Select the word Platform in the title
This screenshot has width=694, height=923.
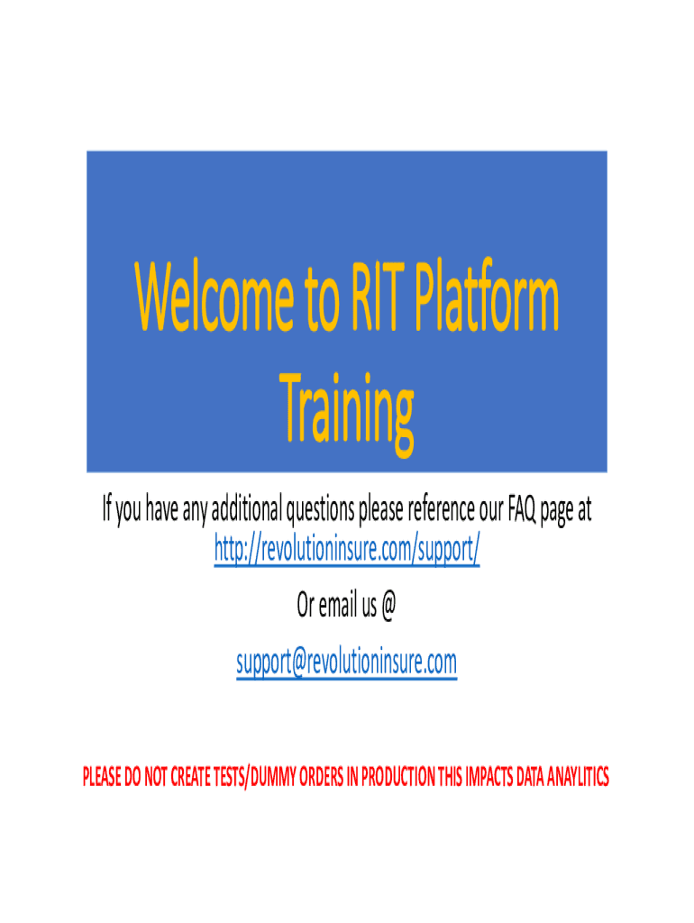(x=489, y=301)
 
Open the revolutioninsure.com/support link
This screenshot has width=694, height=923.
(x=347, y=546)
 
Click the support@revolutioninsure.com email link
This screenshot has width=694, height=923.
(x=347, y=663)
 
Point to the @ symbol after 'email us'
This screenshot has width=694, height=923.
(x=388, y=607)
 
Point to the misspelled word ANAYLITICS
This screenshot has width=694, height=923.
(x=574, y=776)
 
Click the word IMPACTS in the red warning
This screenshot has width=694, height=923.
(x=489, y=776)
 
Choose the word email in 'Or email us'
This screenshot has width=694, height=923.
(x=340, y=607)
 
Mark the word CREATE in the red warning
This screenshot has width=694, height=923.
(x=190, y=776)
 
